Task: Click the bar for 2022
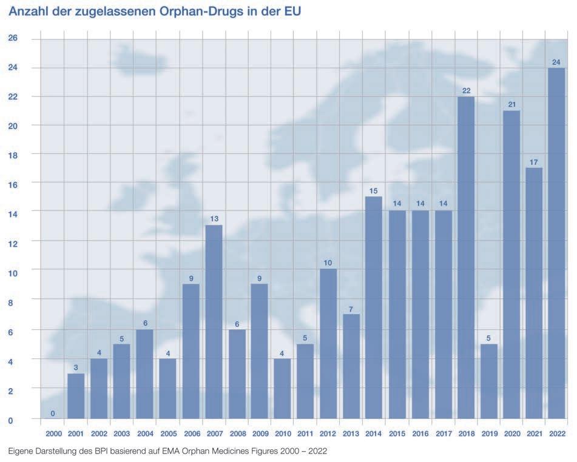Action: point(556,243)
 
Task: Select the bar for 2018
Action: point(465,257)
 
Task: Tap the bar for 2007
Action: point(214,321)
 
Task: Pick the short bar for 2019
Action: point(488,381)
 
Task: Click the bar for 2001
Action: point(76,396)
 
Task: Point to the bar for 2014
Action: point(374,307)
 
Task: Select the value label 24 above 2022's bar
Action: point(556,62)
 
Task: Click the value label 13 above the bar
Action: point(214,218)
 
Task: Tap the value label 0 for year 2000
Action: point(53,413)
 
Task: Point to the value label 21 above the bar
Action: point(511,104)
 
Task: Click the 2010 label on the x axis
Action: point(282,434)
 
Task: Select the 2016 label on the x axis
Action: point(420,434)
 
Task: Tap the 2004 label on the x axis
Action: point(145,434)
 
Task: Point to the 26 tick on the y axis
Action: point(13,38)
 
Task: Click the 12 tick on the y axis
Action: point(13,243)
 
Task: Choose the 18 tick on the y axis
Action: point(13,155)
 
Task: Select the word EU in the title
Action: point(292,11)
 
